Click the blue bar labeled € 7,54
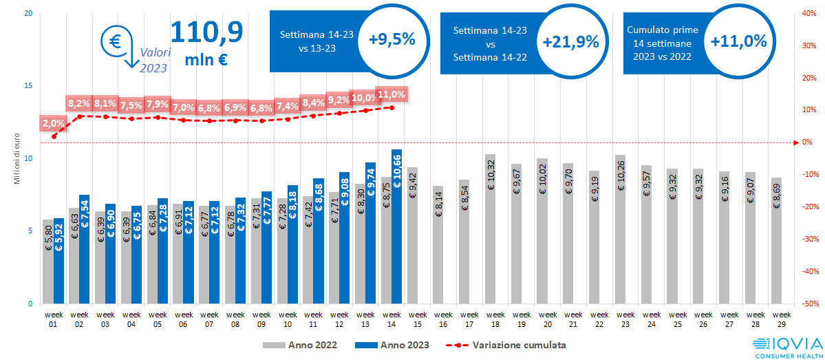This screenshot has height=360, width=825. [84, 248]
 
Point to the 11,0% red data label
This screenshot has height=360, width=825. [392, 94]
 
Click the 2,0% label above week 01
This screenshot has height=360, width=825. [54, 124]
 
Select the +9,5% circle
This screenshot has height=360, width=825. [392, 40]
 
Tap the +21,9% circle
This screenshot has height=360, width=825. [570, 41]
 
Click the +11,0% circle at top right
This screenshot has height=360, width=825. [738, 41]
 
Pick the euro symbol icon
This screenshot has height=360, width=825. [114, 41]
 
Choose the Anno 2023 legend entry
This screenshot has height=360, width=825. [392, 344]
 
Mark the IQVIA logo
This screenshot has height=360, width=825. [786, 346]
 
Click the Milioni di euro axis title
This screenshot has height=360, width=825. [17, 159]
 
